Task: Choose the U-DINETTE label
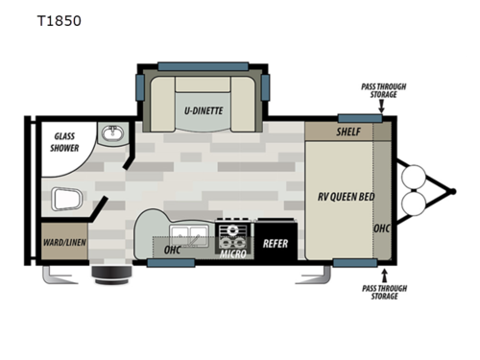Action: click(204, 110)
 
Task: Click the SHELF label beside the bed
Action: click(348, 132)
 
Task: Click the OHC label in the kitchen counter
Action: click(173, 251)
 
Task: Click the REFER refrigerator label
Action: click(276, 244)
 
